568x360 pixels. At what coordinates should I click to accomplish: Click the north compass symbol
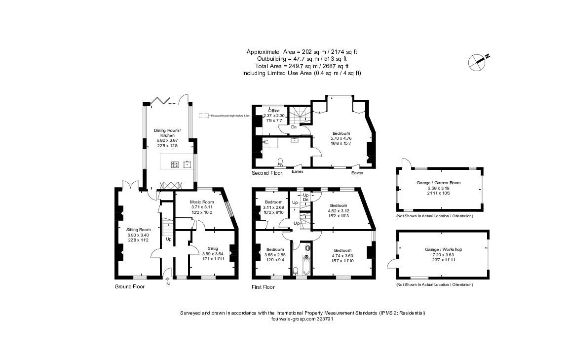point(477,61)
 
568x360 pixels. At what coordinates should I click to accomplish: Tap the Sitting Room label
point(138,230)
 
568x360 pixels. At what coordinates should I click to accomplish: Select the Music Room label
point(201,202)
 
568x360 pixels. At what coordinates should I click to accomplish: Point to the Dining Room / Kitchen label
point(167,132)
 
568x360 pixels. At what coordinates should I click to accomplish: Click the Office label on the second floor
point(273,111)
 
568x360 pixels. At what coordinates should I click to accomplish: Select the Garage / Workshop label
point(443,249)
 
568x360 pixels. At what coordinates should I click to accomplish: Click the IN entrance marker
point(167,284)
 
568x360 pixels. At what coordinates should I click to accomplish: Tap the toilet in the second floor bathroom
point(280,162)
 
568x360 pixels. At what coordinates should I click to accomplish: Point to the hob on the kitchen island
point(175,164)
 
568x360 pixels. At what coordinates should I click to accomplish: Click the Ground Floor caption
point(129,286)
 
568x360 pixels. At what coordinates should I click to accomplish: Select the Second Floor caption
point(266,173)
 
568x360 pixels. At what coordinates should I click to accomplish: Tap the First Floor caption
point(263,287)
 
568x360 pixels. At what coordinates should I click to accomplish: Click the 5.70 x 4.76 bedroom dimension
point(341,138)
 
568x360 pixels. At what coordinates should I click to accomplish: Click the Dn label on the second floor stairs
point(294,127)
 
